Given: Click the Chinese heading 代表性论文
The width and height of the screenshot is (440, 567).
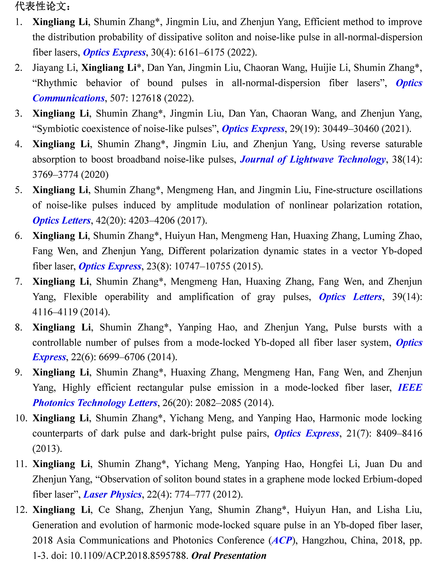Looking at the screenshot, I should coord(43,6).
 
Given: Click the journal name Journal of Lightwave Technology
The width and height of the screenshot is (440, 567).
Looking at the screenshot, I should coord(313,159).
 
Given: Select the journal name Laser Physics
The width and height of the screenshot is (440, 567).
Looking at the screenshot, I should coord(113,494).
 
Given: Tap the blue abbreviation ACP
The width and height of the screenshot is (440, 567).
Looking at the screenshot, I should coord(282,540).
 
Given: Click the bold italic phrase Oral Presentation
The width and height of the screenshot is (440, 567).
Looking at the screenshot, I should coord(229,556).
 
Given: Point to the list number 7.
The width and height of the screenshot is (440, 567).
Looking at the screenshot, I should coord(18,282).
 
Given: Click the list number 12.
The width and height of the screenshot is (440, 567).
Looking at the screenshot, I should coord(21,510).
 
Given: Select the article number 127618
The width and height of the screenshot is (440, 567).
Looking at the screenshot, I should coord(146,98).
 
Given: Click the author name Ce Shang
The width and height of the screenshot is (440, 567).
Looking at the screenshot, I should coord(121,510).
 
